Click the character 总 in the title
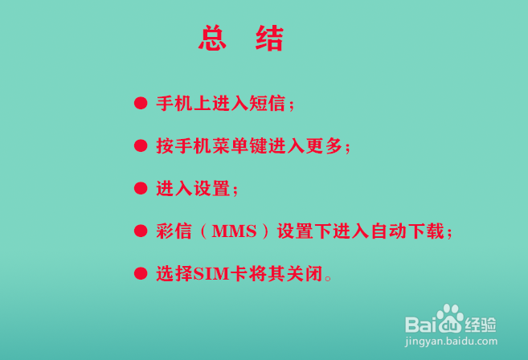click(211, 39)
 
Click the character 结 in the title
click(269, 39)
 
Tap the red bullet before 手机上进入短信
click(141, 104)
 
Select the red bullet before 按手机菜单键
click(141, 146)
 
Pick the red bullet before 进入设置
click(141, 189)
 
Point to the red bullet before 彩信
click(141, 231)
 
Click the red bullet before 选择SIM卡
click(141, 274)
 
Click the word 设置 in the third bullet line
click(213, 189)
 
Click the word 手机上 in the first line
click(184, 104)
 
